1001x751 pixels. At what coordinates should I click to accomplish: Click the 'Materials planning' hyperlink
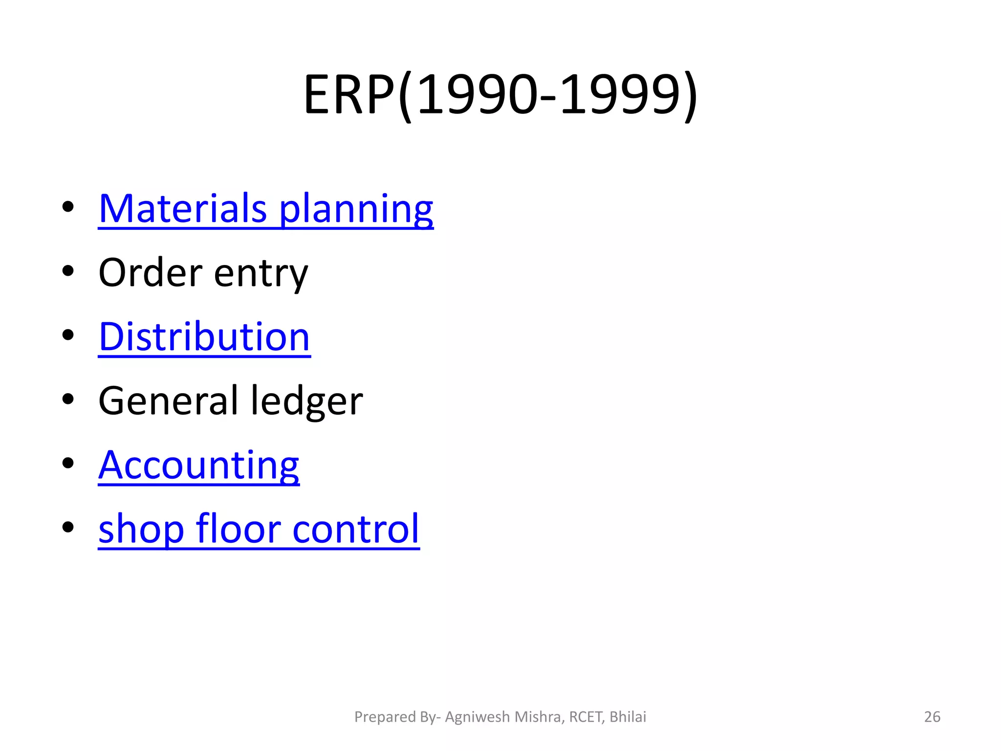tap(265, 209)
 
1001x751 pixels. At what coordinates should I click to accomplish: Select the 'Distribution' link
tap(204, 337)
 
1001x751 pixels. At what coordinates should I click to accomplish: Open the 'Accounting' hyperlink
tap(198, 465)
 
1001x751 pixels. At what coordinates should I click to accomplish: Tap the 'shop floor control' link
tap(259, 529)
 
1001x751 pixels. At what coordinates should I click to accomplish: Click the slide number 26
tap(932, 717)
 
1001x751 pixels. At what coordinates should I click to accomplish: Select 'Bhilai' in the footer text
tap(628, 717)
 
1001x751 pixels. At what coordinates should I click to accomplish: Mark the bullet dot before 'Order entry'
tap(68, 271)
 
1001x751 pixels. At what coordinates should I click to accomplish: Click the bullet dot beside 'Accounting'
tap(68, 463)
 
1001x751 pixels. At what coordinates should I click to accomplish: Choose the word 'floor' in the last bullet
tap(238, 529)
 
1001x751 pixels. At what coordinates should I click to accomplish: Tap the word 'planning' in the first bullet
tap(356, 210)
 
